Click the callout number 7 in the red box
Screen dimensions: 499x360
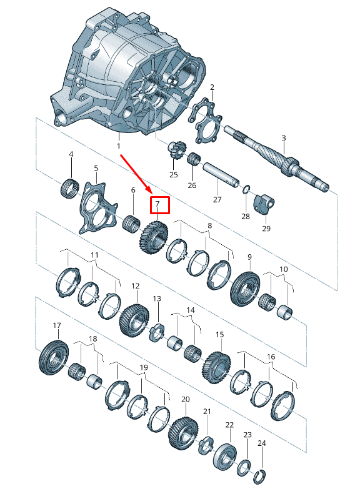pyautogui.click(x=158, y=204)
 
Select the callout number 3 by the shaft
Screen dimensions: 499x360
pyautogui.click(x=283, y=138)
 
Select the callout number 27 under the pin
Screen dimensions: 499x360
pyautogui.click(x=217, y=200)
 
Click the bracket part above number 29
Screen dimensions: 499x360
pyautogui.click(x=263, y=204)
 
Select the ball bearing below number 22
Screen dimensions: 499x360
pyautogui.click(x=227, y=457)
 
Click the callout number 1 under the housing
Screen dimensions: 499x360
pyautogui.click(x=118, y=146)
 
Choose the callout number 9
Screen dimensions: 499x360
pyautogui.click(x=249, y=257)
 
